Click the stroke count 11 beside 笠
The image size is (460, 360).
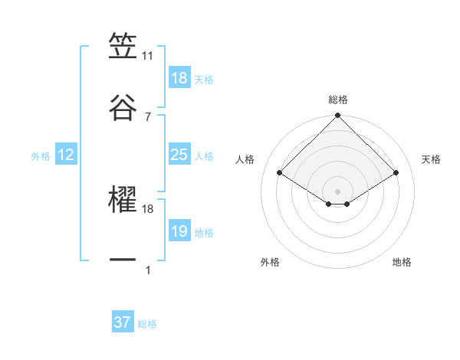pos(148,55)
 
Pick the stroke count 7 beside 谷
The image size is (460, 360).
pos(148,116)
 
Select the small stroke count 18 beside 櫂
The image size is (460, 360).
pos(148,208)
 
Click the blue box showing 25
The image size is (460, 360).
pos(179,155)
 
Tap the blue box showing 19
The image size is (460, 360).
pos(179,231)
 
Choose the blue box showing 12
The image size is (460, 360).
pos(66,155)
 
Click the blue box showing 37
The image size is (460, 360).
pos(123,322)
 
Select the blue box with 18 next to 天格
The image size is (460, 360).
pos(179,78)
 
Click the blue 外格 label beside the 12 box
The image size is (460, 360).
pos(41,156)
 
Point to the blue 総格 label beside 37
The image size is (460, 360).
pos(147,324)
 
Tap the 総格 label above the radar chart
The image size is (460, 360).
pos(338,100)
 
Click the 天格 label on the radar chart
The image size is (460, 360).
pos(432,159)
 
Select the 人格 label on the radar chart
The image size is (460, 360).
pos(246,159)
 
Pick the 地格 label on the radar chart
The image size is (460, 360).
pos(402,262)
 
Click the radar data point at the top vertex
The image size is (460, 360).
pos(338,116)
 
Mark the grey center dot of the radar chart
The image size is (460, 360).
pos(338,190)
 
